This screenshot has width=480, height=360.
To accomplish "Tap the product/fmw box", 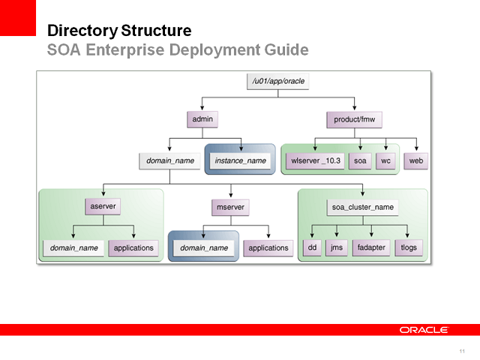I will coord(354,119).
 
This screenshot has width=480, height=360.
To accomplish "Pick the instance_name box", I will coord(240,161).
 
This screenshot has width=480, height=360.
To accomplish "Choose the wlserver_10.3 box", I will coord(315,161).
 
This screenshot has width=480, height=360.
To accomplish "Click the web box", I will coord(415,161).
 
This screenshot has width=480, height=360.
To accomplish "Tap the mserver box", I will coord(229,205).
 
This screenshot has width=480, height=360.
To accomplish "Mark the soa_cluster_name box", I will coord(363,205).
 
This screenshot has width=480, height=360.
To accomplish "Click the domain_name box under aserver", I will coord(73,247).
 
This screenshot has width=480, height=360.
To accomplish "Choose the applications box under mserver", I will coord(268,247).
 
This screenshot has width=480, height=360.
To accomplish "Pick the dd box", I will coord(311,247).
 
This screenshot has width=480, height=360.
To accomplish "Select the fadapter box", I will coord(368,247).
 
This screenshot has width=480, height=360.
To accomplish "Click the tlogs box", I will coord(409,247).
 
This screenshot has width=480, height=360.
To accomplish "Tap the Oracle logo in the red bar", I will coord(424,330).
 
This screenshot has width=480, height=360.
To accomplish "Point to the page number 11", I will coord(462,351).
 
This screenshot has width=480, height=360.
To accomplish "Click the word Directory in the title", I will coord(76,31).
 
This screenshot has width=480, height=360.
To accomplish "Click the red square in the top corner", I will coord(18,17).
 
